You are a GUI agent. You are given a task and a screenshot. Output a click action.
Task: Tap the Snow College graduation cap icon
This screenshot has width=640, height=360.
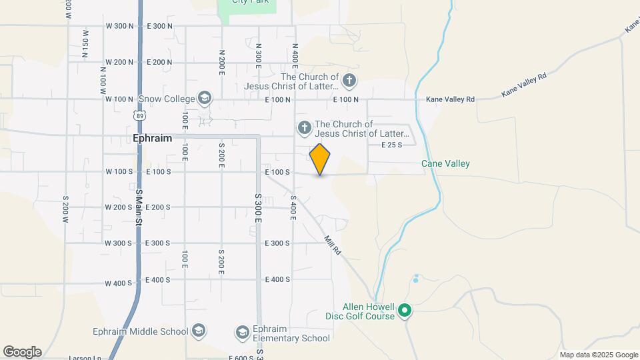click(205, 99)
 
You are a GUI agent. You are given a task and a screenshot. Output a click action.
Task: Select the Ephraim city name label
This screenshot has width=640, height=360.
click(152, 139)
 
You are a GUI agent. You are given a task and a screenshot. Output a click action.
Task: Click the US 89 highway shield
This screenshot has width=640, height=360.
click(139, 115)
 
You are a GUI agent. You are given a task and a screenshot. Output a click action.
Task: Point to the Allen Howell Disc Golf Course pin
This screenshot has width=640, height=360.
click(404, 310)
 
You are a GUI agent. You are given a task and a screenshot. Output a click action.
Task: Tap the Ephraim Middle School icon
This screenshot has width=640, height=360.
click(198, 331)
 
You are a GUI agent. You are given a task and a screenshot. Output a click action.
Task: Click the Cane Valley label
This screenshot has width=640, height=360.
click(445, 163)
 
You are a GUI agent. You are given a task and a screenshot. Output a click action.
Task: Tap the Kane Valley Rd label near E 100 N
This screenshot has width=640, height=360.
click(450, 99)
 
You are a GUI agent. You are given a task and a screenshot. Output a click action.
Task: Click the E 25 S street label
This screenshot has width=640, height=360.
click(391, 145)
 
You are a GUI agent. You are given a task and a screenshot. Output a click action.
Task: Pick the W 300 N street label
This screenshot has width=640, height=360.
click(119, 26)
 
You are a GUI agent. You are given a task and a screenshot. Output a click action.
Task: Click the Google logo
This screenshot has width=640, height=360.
click(22, 352)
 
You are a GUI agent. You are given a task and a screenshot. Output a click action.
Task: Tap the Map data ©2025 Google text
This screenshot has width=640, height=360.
click(599, 355)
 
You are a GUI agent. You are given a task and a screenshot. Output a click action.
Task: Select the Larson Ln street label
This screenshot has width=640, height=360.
click(85, 357)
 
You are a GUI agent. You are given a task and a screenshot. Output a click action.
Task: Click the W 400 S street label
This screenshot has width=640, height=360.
click(118, 283)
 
